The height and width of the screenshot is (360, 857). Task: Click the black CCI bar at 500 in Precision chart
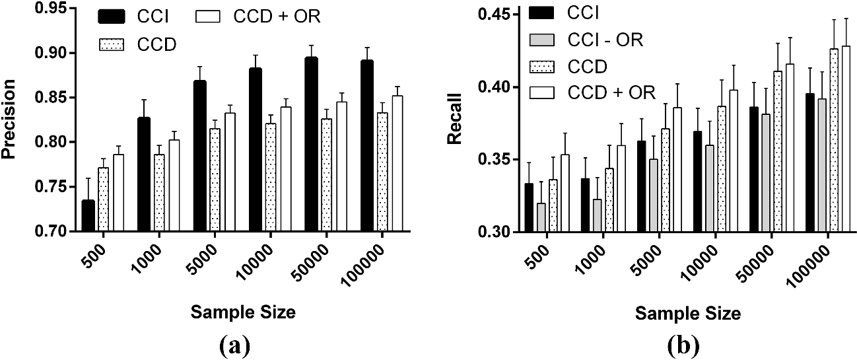[88, 215]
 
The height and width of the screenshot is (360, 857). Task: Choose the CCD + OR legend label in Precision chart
[277, 17]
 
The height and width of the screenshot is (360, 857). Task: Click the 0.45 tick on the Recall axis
[520, 14]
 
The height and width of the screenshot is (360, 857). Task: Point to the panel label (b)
[683, 344]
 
